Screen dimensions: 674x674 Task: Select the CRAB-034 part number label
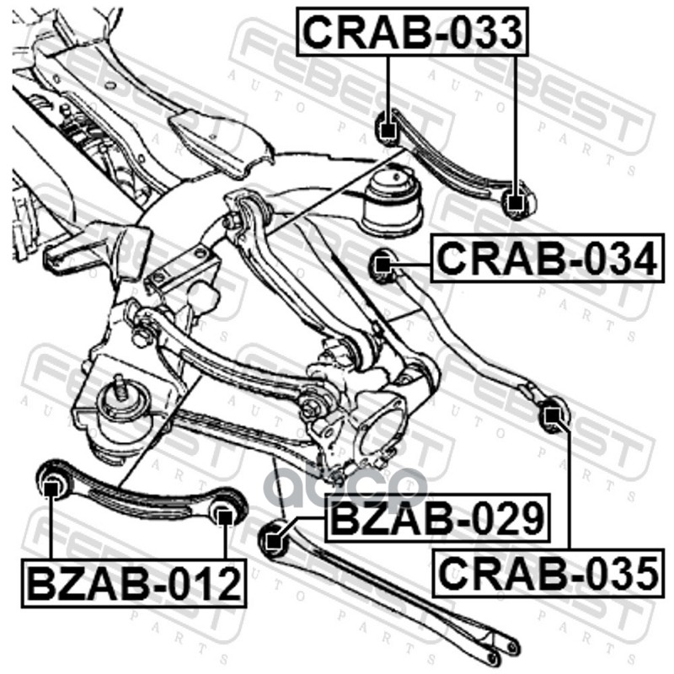tap(545, 259)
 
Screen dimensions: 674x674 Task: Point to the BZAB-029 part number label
tap(436, 517)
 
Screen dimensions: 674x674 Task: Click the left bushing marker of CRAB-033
tap(388, 130)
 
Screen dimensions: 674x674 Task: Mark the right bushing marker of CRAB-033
tap(515, 201)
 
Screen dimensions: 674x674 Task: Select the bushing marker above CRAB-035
tap(551, 415)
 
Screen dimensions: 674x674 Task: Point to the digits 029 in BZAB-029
tap(502, 517)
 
